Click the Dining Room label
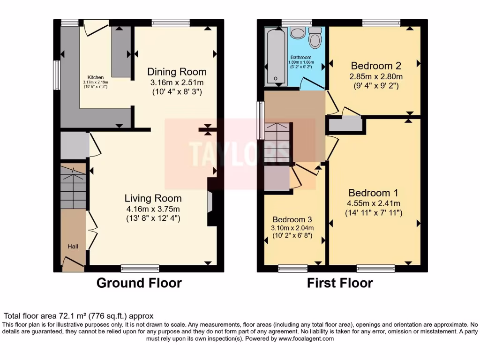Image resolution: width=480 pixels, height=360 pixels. [177, 72]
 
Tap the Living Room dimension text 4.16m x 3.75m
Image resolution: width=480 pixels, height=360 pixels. [153, 209]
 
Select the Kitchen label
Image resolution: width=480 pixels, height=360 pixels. [95, 77]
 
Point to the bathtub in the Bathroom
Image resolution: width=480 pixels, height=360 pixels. [276, 56]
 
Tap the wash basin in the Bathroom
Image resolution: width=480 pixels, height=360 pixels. [297, 32]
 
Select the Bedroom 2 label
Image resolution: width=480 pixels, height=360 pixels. [375, 65]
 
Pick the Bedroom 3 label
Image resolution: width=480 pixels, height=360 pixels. [292, 219]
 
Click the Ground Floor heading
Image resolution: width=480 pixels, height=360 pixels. [139, 283]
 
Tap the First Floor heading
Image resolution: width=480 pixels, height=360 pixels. [340, 283]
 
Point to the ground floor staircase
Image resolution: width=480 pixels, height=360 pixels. [73, 186]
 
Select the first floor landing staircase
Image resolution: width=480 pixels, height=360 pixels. [278, 142]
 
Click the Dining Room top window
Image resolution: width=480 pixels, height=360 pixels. [171, 22]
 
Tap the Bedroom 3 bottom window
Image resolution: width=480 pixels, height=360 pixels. [292, 269]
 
